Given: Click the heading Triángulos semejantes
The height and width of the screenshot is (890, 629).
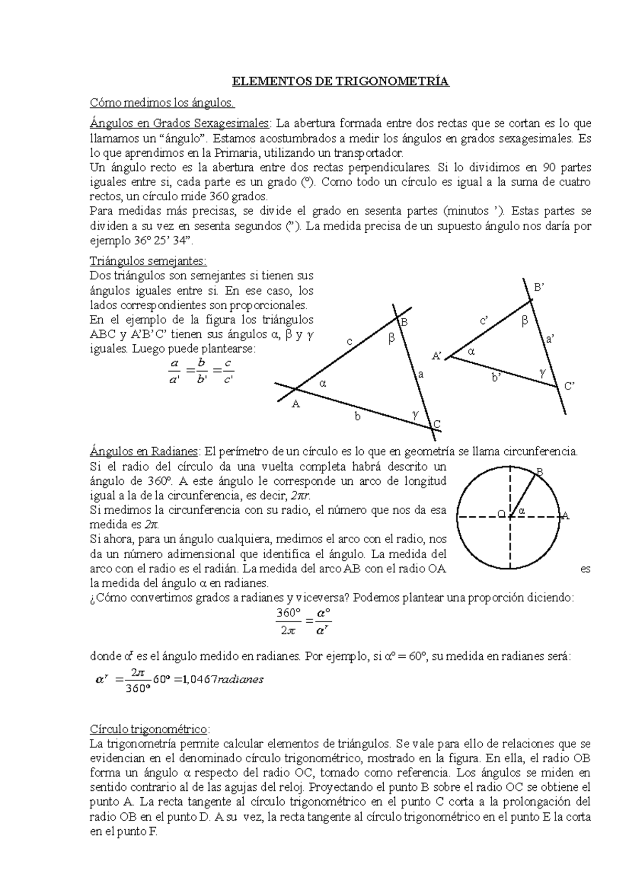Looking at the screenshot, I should [148, 261].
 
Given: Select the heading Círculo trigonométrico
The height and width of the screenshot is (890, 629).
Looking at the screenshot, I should [149, 729].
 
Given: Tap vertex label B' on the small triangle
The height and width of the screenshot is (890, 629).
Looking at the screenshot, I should [539, 288].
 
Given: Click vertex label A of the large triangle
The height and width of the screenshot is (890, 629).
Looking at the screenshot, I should [295, 404].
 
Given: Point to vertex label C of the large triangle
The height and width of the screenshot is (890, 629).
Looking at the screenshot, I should [437, 424].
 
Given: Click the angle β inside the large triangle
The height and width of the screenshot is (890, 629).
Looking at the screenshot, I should [391, 339].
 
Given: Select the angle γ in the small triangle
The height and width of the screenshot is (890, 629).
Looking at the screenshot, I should [543, 372].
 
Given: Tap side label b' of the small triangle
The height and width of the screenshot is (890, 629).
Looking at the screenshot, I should [496, 377].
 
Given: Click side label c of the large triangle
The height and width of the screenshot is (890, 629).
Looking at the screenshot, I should [349, 342].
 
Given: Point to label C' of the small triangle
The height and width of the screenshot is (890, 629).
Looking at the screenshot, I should [570, 386].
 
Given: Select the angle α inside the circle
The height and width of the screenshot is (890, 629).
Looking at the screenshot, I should [522, 510].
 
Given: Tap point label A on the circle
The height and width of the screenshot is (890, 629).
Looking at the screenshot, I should [565, 516].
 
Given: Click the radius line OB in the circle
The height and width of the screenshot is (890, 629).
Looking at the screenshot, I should [524, 494].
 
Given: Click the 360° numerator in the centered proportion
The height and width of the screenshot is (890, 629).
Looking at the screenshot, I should [288, 613].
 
